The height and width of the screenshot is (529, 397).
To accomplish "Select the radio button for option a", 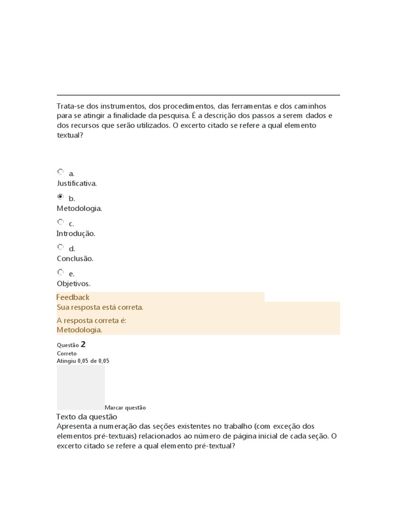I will tap(60, 172).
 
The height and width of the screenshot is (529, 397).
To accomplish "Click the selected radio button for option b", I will tap(60, 197).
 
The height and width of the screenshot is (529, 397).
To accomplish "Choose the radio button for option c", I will tap(60, 222).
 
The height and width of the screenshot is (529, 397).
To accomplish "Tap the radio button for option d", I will tap(60, 247).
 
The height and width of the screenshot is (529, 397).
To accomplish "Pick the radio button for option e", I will tap(60, 272).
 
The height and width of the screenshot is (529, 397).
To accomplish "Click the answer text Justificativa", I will tap(77, 183).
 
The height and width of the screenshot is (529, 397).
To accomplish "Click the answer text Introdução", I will tap(76, 234).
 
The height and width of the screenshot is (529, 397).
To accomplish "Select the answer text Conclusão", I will tap(75, 258).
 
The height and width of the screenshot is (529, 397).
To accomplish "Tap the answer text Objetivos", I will tap(73, 284).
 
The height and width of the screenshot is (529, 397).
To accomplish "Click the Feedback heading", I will tap(73, 297).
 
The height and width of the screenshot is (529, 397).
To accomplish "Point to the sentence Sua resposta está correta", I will tap(100, 307).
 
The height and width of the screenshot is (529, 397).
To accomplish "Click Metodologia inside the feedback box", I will tap(79, 330).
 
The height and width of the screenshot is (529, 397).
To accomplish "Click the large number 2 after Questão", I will tap(83, 344).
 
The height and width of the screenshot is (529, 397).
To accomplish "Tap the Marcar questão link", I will tap(125, 408).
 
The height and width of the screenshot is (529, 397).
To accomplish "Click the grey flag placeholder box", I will tap(81, 387).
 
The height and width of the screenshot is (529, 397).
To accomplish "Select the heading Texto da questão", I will tap(86, 416).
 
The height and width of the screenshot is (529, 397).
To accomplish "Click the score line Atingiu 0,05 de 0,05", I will tap(83, 361).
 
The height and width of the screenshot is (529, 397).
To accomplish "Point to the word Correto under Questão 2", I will tap(67, 354).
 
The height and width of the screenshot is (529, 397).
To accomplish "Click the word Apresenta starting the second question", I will tap(74, 426).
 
